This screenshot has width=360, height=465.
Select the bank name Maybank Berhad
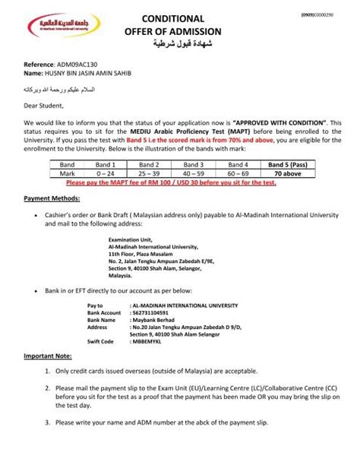(150, 320)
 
